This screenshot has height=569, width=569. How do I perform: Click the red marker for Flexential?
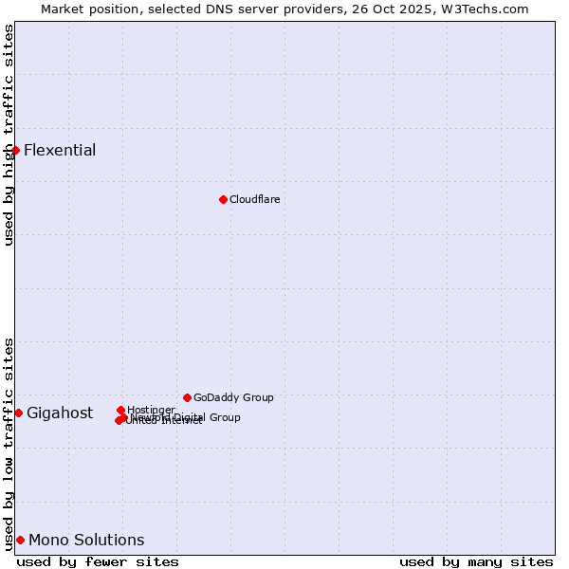[x=15, y=150]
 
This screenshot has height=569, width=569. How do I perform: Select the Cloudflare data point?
[x=223, y=199]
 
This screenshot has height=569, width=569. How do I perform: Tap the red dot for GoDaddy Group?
[x=187, y=397]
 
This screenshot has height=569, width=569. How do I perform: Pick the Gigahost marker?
[x=18, y=413]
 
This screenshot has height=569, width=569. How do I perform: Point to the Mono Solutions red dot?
[x=20, y=540]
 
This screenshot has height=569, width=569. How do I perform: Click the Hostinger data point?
[x=120, y=410]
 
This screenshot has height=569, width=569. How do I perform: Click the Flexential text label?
[x=60, y=150]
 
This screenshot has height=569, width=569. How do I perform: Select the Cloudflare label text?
[x=254, y=199]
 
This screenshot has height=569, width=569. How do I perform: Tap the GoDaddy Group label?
[x=233, y=397]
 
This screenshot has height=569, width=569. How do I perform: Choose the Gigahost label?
[x=60, y=413]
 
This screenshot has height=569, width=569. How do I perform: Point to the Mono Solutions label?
[x=86, y=540]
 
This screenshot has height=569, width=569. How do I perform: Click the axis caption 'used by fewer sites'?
[x=98, y=561]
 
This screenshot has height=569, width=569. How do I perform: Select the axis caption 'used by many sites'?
[x=476, y=561]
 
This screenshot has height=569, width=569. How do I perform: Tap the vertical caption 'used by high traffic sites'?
[x=9, y=135]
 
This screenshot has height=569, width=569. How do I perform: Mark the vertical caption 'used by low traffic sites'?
[x=9, y=443]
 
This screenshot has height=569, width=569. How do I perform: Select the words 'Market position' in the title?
[x=85, y=9]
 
